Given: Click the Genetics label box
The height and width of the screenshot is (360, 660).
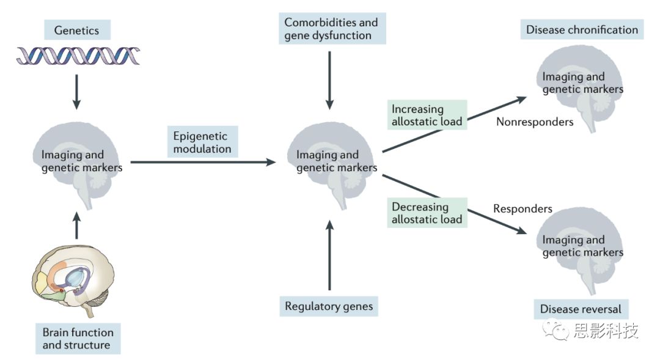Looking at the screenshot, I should [x=76, y=29].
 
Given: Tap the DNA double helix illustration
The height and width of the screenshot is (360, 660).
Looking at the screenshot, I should [x=78, y=56].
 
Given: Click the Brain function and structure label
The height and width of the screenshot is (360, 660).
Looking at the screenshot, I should [x=78, y=339].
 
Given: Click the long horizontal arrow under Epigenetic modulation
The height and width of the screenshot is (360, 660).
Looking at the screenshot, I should [x=202, y=162].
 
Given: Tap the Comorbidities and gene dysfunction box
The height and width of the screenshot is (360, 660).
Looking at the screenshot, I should [x=331, y=29].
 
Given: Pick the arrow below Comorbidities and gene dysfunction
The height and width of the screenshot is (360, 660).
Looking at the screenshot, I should [x=329, y=79].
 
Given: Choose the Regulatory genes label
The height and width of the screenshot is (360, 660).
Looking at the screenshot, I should [x=329, y=306].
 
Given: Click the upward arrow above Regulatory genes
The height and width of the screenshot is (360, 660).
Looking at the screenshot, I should [x=329, y=257].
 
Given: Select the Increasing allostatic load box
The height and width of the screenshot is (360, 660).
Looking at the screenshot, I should [x=427, y=115].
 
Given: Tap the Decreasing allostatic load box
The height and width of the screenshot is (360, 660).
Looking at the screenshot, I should [x=427, y=213].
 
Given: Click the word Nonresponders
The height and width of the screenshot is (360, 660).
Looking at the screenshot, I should [x=535, y=122].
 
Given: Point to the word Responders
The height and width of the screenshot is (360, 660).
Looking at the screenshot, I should [x=522, y=208].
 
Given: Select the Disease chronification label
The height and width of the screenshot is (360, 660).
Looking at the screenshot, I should [x=582, y=29].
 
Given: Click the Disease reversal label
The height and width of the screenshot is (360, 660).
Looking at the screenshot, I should [x=581, y=309].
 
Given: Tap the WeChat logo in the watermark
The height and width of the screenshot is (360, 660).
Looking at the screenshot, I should [x=557, y=331].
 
